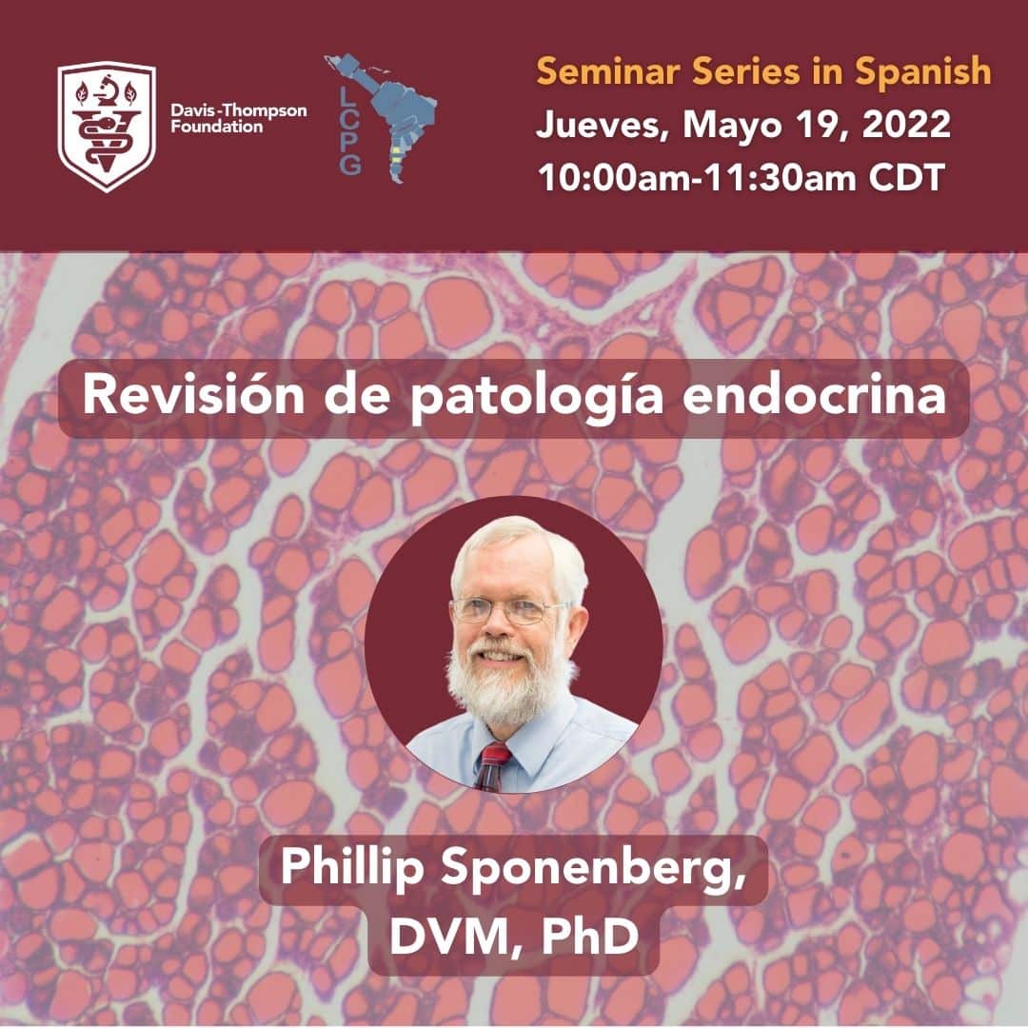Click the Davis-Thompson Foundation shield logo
coord(107,127)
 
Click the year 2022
coord(906,124)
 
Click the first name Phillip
coord(352,868)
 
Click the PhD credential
coord(589,936)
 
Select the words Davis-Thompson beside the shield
coord(239,110)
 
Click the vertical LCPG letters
coord(349,131)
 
